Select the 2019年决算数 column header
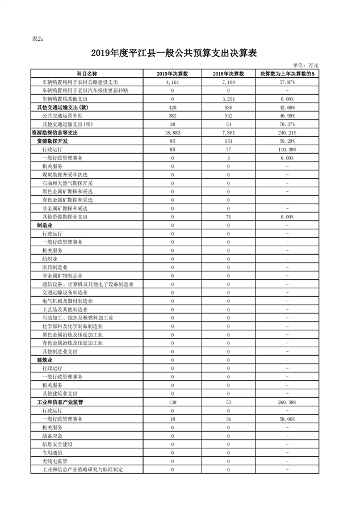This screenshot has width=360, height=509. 172,74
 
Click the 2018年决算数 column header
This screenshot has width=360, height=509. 228,74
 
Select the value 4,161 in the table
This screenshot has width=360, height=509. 172,82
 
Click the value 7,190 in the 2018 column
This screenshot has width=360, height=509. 228,82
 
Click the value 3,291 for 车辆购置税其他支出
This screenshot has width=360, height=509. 228,99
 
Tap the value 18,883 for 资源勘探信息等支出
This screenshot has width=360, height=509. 172,132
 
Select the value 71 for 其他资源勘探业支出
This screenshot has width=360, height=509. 228,216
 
